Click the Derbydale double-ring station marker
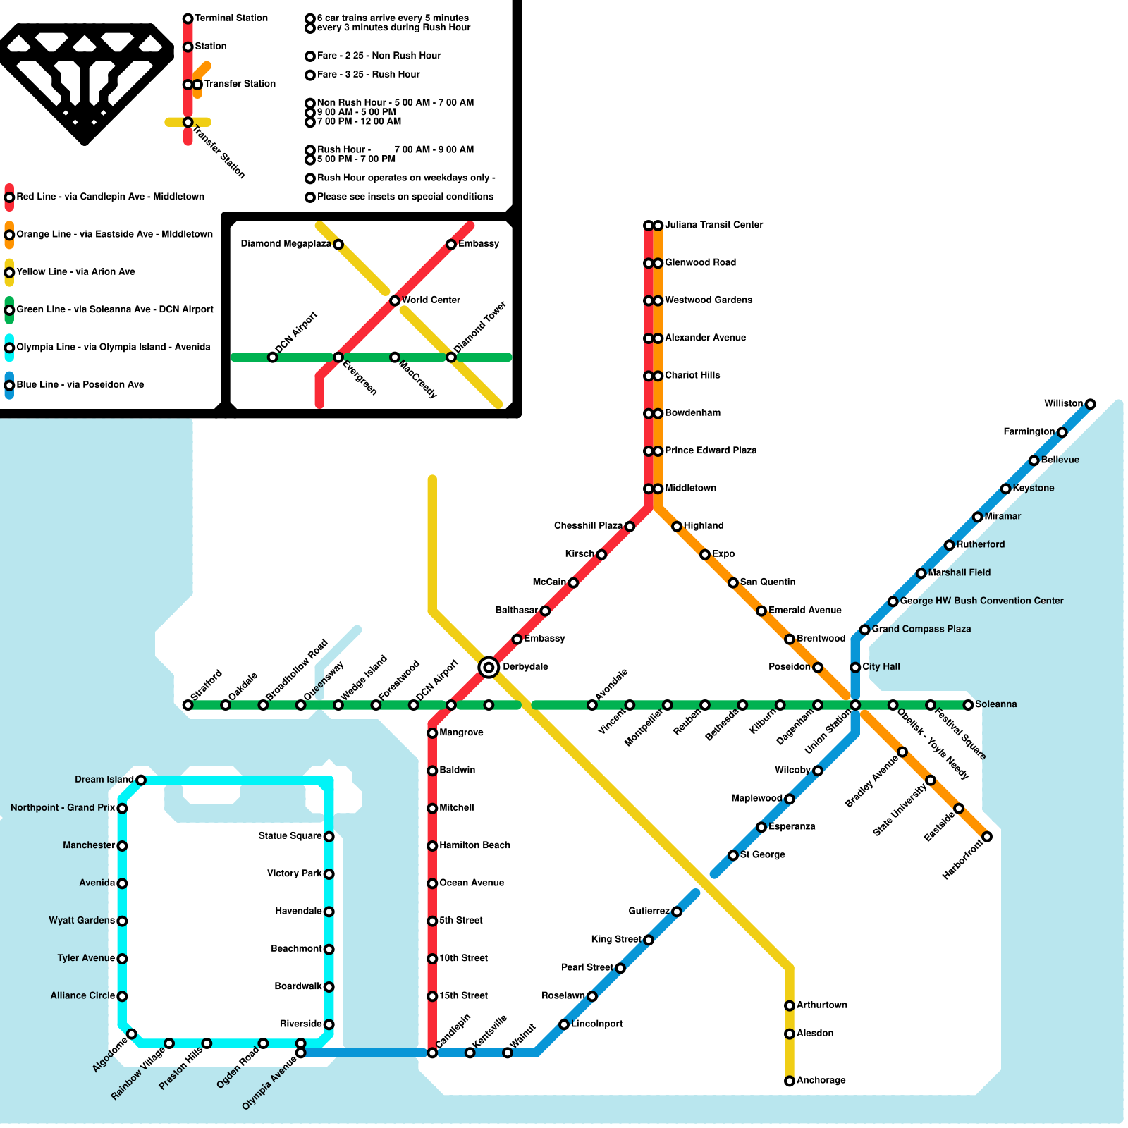coord(489,667)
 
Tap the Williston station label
coord(1063,403)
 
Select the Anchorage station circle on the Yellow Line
coord(790,1081)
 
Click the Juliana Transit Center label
coord(713,225)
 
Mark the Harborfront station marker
coord(987,837)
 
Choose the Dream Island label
coord(104,779)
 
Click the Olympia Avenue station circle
coord(300,1053)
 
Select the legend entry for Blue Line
coord(80,385)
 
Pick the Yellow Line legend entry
coord(75,272)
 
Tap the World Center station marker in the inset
coord(395,301)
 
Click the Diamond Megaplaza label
coord(286,244)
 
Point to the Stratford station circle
coord(188,705)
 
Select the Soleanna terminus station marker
coord(969,705)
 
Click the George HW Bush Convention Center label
coord(981,601)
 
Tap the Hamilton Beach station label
coord(474,845)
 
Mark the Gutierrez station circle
coord(677,912)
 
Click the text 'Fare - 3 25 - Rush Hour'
coord(368,74)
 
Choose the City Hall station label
coord(881,666)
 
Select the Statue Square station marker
coord(329,837)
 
